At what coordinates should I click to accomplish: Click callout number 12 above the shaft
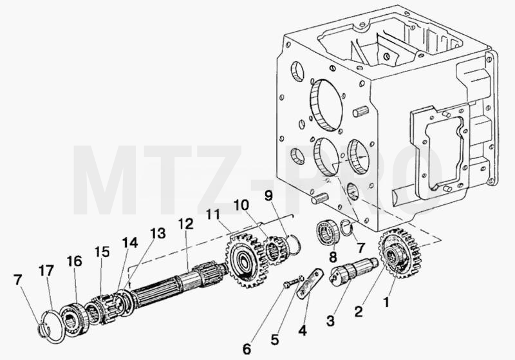(x=186, y=223)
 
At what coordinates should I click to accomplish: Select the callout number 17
(x=46, y=271)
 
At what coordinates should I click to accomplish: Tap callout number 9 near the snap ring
(x=268, y=196)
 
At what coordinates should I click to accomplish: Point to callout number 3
(x=331, y=321)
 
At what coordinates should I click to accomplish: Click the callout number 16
(x=74, y=261)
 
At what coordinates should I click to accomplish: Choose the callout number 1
(x=387, y=302)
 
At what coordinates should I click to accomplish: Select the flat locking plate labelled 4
(x=310, y=283)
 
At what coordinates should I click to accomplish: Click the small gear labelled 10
(x=276, y=251)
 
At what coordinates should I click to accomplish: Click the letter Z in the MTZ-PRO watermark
(x=220, y=180)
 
